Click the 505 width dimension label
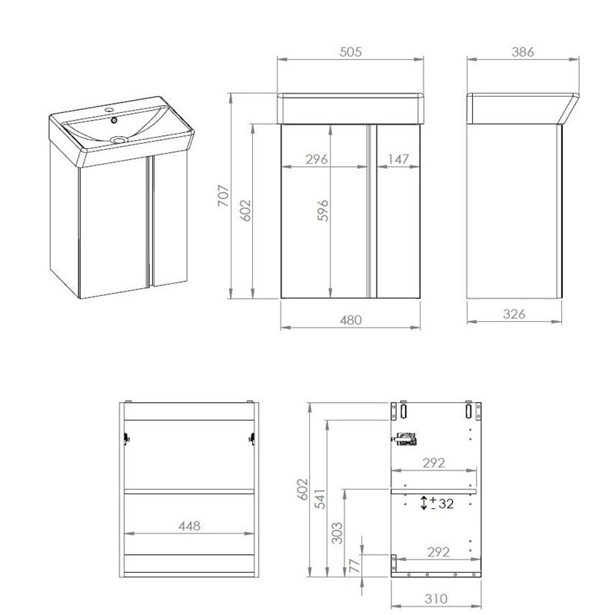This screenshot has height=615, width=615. [x=351, y=52]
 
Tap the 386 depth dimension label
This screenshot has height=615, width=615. [x=523, y=52]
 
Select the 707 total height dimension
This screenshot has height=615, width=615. [x=224, y=196]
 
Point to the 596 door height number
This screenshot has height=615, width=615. [x=323, y=211]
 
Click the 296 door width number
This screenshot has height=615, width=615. [x=317, y=159]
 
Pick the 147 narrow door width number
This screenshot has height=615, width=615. [x=398, y=159]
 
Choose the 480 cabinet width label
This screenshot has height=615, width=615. [x=351, y=320]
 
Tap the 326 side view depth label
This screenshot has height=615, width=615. [x=514, y=314]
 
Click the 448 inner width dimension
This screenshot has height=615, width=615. [x=189, y=526]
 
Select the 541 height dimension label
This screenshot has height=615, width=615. [x=321, y=498]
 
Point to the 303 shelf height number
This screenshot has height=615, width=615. [x=337, y=533]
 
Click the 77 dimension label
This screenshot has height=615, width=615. [x=354, y=566]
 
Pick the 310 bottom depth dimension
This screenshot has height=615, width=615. [x=436, y=599]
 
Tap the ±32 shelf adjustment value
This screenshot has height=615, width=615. [x=441, y=503]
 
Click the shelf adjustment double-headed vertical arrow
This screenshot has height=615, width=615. [x=424, y=503]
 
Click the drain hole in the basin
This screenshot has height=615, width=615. [x=118, y=139]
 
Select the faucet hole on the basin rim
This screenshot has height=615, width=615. [x=108, y=109]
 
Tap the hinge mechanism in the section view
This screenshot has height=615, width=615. [x=405, y=439]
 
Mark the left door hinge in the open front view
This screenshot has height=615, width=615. [x=126, y=438]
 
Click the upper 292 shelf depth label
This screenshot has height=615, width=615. [x=434, y=463]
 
